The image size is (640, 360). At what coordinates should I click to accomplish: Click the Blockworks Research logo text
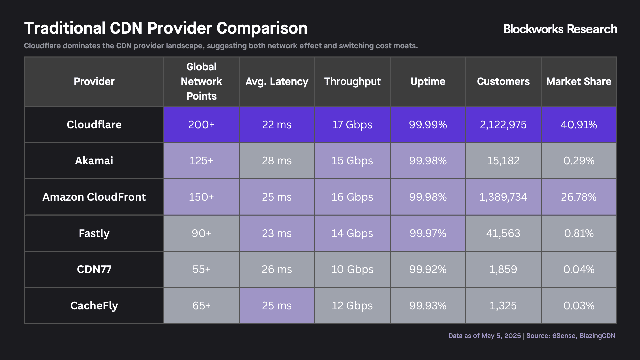point(560,29)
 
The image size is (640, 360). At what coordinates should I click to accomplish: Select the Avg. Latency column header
point(277,81)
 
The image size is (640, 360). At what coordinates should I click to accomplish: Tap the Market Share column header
point(579,81)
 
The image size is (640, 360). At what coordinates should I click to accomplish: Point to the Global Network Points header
point(201,81)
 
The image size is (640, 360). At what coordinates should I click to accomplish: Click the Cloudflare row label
point(94,124)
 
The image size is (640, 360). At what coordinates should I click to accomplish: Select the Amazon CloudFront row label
point(94,197)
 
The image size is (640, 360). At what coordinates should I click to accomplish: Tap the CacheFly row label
point(94,306)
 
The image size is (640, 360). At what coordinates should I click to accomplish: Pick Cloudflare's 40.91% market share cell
point(579,124)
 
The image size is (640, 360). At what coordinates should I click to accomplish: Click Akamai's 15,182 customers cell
point(503,161)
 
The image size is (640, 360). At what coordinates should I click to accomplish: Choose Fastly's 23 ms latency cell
point(277,233)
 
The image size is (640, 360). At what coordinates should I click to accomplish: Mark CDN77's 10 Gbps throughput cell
point(352,269)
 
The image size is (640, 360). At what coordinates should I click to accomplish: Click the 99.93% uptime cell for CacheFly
point(428,306)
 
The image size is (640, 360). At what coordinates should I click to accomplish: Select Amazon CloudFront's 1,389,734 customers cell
point(503,197)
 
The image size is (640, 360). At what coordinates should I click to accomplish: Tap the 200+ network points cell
point(201,124)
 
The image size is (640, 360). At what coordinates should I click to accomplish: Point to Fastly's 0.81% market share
point(579,233)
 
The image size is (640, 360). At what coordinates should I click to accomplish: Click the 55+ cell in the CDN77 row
point(201,269)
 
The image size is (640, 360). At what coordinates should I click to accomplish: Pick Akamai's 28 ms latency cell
point(277,161)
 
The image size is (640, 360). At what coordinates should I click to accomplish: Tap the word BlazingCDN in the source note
point(597,336)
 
